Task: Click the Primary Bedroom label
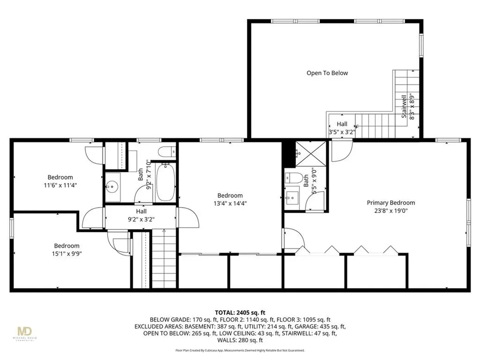click(390, 203)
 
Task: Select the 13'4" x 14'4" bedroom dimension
click(230, 204)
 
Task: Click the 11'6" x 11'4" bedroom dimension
click(60, 185)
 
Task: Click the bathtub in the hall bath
click(165, 182)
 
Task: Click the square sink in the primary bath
click(292, 195)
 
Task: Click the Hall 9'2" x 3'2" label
click(141, 215)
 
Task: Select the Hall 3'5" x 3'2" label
click(342, 128)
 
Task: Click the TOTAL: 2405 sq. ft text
click(240, 312)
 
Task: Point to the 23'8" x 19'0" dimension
click(390, 211)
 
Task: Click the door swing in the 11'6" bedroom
click(94, 155)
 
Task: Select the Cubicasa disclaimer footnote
click(240, 350)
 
